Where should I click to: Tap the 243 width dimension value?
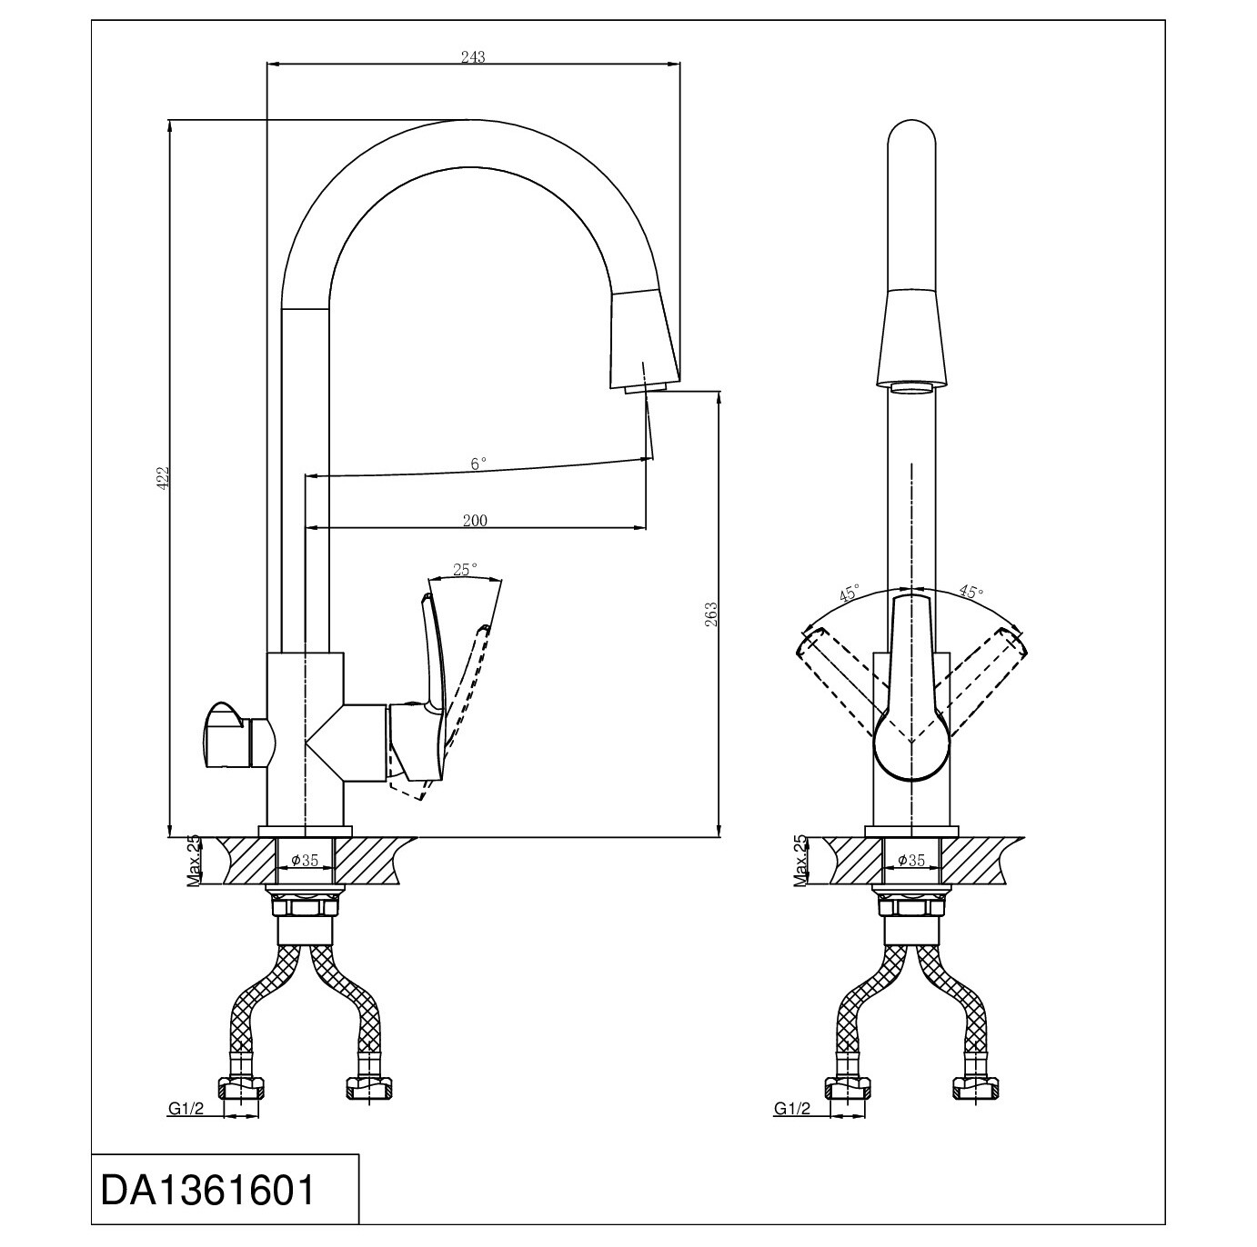(x=473, y=56)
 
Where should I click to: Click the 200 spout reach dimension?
(x=475, y=520)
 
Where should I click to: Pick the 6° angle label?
(x=478, y=463)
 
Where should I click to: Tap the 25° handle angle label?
(x=465, y=569)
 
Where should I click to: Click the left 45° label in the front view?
(x=850, y=593)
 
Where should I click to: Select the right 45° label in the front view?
(x=970, y=591)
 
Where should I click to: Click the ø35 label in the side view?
(x=305, y=861)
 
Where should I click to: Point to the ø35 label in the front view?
(x=911, y=861)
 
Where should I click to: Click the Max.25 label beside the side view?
(x=193, y=862)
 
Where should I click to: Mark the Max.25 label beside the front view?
(x=799, y=861)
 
